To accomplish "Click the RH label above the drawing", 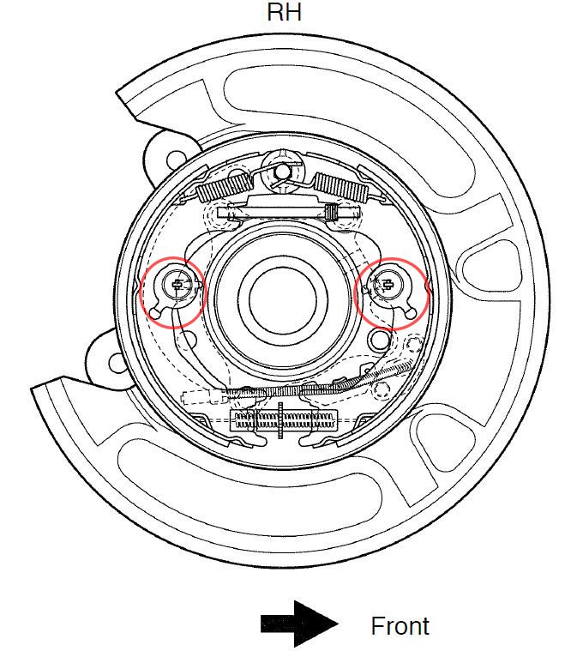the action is click(x=284, y=12).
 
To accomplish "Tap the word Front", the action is click(x=400, y=626).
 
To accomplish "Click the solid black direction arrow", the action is click(x=298, y=624).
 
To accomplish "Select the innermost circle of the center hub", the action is click(x=283, y=299).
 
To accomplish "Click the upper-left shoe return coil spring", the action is click(x=223, y=187).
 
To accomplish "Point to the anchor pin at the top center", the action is click(x=282, y=170).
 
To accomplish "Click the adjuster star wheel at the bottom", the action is click(x=280, y=419).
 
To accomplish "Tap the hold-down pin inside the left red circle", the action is click(x=177, y=285).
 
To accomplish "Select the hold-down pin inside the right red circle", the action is click(x=388, y=285).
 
